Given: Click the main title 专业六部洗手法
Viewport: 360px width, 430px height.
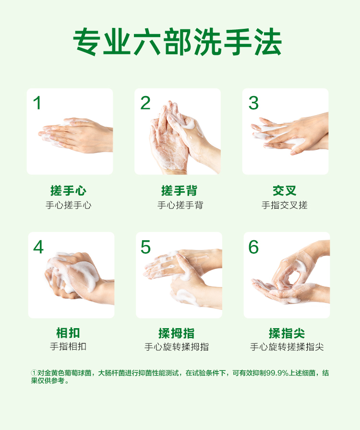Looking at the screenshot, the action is (x=178, y=41).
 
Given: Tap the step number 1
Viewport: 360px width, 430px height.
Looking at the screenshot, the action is (x=37, y=103).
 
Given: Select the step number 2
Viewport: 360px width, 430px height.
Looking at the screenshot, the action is (x=145, y=103).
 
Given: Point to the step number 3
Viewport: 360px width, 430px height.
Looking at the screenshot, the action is (x=253, y=103).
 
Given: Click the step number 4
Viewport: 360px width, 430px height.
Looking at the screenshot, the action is (x=38, y=247).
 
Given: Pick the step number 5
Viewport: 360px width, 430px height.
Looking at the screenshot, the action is (x=145, y=247).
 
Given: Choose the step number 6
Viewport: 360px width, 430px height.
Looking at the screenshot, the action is (x=253, y=247).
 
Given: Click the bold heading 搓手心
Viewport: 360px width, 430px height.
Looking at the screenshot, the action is (x=68, y=191).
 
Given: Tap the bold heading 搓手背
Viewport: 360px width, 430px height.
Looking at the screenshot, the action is (x=179, y=191).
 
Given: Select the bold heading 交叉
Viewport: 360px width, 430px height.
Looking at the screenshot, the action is (x=284, y=191).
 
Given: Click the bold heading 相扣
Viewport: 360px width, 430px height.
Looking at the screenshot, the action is (x=68, y=333).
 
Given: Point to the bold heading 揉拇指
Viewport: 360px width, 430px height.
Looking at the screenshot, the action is (x=177, y=333).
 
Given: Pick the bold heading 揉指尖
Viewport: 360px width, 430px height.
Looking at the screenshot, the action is (x=287, y=333).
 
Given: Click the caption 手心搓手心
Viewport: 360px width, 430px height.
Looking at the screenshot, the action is (x=69, y=205).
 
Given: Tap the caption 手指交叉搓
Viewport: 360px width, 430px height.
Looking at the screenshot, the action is (x=284, y=205).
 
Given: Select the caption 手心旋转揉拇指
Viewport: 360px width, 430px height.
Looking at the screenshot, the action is (x=177, y=347).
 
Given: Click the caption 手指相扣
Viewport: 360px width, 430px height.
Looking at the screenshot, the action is (x=68, y=346).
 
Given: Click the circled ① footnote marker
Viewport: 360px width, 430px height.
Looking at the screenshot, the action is (x=34, y=373).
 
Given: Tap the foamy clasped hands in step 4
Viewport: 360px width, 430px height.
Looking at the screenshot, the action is (x=78, y=277).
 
